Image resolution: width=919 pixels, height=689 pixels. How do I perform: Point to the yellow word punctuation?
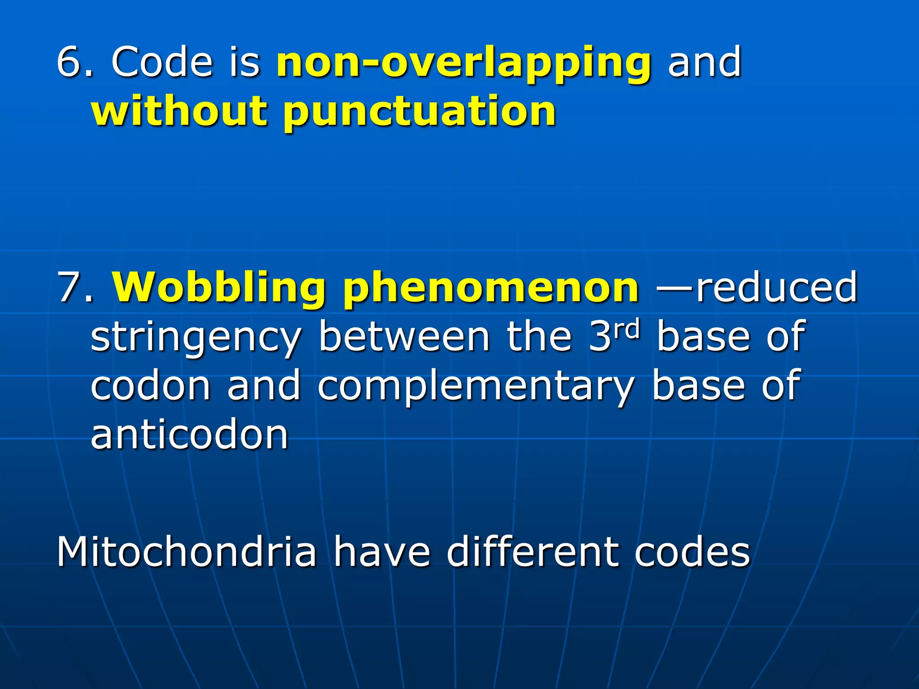pyautogui.click(x=420, y=112)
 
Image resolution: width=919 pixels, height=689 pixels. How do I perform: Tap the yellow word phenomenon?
pyautogui.click(x=491, y=288)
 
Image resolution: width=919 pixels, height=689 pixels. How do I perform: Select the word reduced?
pyautogui.click(x=777, y=287)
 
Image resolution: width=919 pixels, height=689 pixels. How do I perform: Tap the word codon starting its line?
pyautogui.click(x=150, y=386)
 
